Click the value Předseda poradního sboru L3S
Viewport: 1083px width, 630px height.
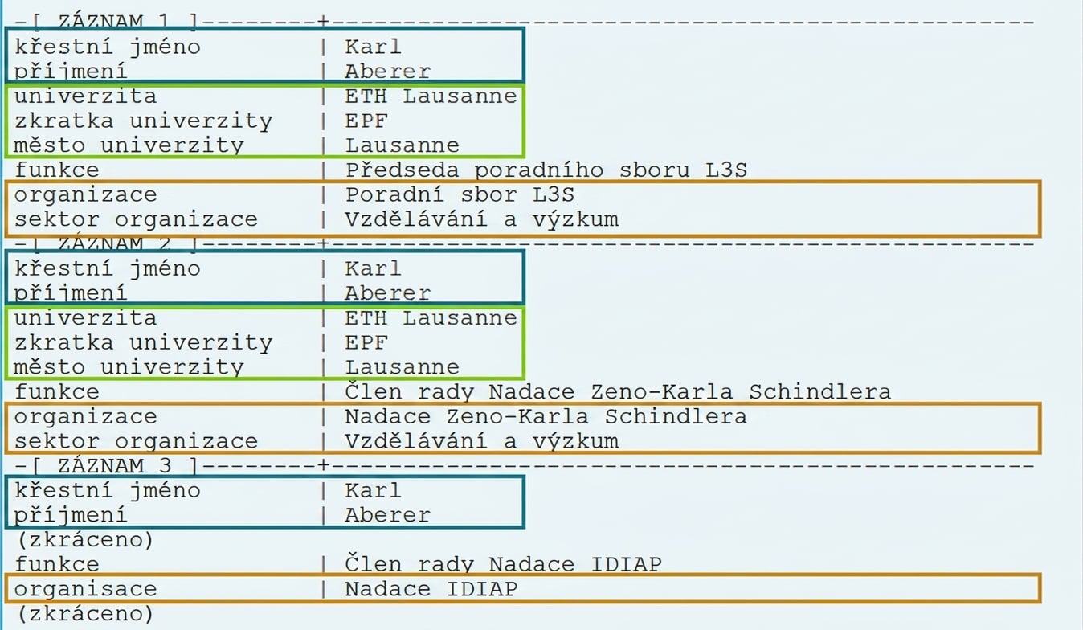tap(546, 170)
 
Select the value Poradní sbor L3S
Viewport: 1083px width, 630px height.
tap(460, 194)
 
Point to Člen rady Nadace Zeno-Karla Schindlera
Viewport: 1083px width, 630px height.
tap(617, 391)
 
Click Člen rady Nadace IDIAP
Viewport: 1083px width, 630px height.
tap(503, 564)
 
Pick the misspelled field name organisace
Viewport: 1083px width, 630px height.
tap(86, 589)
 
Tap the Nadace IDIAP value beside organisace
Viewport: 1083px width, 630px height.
tap(431, 589)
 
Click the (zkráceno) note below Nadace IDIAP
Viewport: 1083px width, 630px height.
tap(85, 614)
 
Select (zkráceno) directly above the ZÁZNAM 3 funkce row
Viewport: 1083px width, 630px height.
tap(85, 539)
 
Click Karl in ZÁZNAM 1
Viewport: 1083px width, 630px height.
tap(373, 47)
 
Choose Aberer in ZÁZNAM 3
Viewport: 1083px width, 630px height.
tap(387, 515)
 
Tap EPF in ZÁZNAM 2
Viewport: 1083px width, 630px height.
tap(366, 342)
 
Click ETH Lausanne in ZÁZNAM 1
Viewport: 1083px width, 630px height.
tap(431, 96)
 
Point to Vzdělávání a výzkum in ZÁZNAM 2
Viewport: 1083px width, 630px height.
tap(481, 441)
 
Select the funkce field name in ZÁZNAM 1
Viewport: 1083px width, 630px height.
tap(56, 170)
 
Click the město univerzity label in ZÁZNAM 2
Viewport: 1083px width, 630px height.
tap(129, 367)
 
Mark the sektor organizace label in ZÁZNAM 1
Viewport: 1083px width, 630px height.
tap(136, 219)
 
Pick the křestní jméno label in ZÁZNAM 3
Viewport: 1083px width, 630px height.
tap(108, 490)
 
